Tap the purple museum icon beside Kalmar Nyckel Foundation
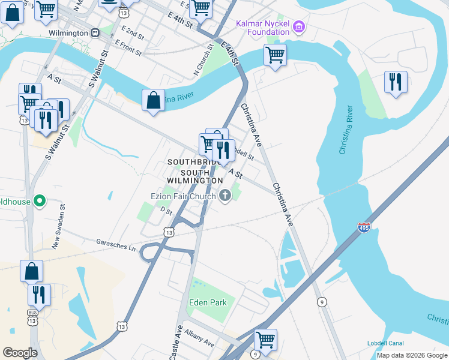[300, 27]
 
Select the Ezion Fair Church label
[183, 196]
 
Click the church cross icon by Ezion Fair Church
[226, 195]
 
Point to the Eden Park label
[208, 302]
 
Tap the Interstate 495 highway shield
[364, 227]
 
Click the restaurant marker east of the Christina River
[396, 82]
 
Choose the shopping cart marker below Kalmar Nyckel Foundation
[275, 55]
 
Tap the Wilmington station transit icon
[95, 33]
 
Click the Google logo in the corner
[20, 353]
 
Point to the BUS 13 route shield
[32, 317]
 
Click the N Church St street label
[203, 58]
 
